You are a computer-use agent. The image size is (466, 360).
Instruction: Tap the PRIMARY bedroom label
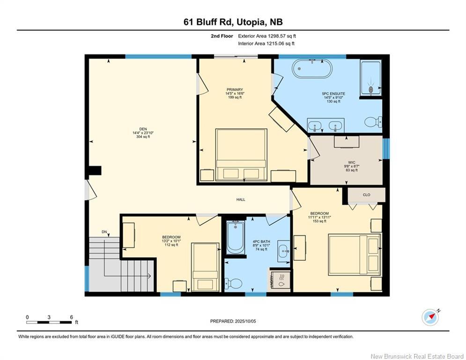coord(235,90)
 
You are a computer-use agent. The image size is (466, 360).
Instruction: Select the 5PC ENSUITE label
coord(333,94)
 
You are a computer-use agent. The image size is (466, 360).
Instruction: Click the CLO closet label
coord(366,195)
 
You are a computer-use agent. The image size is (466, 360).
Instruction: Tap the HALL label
coord(240,200)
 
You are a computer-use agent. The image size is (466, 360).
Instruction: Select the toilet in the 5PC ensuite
coord(373,122)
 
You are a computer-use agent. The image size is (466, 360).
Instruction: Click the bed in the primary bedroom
coord(241,155)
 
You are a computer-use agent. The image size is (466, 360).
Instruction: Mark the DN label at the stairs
coord(104,232)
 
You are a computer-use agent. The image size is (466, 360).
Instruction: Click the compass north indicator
coord(430,317)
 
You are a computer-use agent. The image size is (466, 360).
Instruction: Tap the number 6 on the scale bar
coord(71,317)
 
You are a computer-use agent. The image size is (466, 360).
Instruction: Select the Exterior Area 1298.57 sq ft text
coord(267,36)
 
